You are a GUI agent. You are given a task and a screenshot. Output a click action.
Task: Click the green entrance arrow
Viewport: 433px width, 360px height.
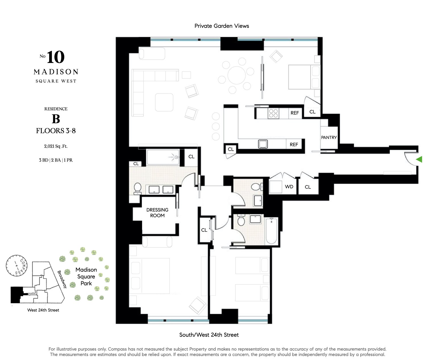pos(419,159)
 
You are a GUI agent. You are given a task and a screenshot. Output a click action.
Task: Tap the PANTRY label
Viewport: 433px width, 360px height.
pos(329,137)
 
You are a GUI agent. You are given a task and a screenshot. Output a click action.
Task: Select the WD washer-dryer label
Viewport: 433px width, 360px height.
pos(289,187)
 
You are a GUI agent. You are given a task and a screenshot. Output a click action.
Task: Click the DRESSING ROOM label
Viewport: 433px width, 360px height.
pos(157,213)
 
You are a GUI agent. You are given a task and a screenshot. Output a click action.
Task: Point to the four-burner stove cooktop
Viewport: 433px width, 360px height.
pos(273,113)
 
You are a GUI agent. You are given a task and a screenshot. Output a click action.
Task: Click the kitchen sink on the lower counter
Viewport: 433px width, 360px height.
pos(263,144)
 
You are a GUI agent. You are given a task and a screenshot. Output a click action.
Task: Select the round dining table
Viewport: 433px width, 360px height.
pos(236,75)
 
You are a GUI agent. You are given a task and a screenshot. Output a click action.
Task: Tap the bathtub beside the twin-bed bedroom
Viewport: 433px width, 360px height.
pos(271,231)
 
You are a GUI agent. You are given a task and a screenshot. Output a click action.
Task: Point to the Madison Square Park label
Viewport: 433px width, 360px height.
pos(86,277)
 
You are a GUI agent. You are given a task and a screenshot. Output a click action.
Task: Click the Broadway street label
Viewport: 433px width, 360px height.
pos(62,279)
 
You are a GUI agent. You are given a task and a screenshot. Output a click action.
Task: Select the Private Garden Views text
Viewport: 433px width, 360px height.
pos(222,26)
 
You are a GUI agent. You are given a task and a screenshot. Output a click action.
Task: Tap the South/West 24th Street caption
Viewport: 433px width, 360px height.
pos(209,335)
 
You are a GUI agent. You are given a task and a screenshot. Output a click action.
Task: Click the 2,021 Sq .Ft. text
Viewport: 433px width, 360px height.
pos(56,146)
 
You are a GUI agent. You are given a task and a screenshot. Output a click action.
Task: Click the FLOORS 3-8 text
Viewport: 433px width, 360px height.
pos(56,131)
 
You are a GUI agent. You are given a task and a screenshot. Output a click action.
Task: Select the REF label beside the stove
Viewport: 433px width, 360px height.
pos(295,113)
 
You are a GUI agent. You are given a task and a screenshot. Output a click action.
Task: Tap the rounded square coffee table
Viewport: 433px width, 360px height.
pos(164,102)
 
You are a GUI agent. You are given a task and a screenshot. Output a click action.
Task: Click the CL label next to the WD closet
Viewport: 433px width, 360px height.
pos(308,187)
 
